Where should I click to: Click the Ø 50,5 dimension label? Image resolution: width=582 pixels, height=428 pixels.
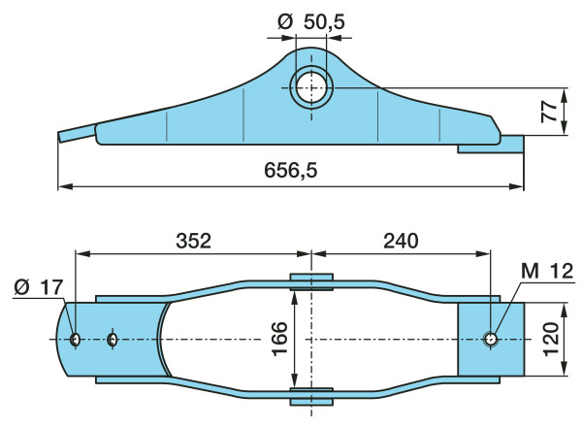311,22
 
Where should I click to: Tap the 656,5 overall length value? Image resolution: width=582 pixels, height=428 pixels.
291,171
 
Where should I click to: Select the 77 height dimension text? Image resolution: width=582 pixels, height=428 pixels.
549,112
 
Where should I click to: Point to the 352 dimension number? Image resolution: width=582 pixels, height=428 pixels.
193,241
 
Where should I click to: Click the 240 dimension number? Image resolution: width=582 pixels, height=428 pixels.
401,241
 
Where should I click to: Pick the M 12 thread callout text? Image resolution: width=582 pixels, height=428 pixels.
547,271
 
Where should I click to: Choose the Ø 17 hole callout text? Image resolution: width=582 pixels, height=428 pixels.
39,287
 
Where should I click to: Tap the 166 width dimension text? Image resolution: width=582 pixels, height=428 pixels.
280,339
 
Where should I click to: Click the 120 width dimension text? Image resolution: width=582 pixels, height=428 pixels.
551,340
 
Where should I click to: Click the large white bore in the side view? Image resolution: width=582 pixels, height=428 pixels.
311,88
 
